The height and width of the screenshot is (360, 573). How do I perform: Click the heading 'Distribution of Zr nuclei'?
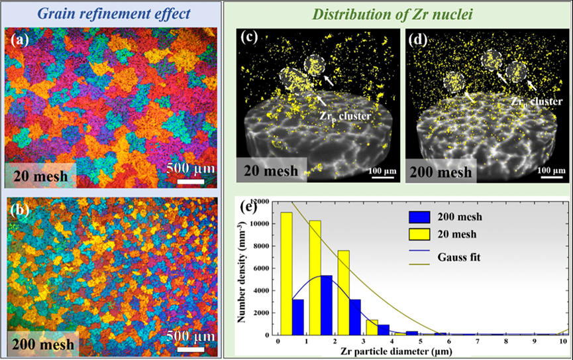(x=399, y=13)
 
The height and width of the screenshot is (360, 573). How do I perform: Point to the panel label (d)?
(x=419, y=38)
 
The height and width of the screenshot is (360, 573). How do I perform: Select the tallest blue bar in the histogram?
(x=326, y=305)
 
